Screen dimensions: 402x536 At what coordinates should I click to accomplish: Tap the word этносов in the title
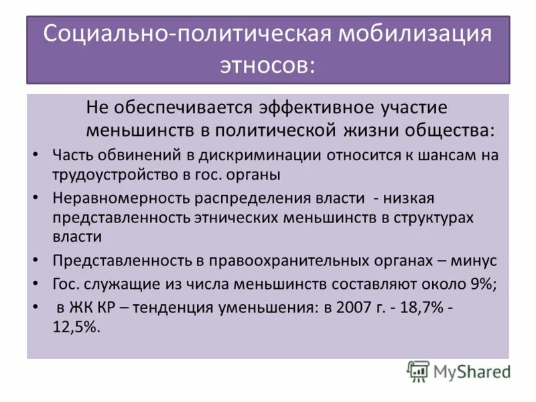[x=268, y=65]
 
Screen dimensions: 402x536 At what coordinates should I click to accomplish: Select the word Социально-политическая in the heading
[x=189, y=35]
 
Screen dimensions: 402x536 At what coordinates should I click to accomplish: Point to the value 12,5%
[x=75, y=329]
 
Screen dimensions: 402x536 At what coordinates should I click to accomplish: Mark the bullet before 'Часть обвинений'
[x=36, y=155]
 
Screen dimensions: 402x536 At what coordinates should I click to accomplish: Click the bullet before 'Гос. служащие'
[x=36, y=283]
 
